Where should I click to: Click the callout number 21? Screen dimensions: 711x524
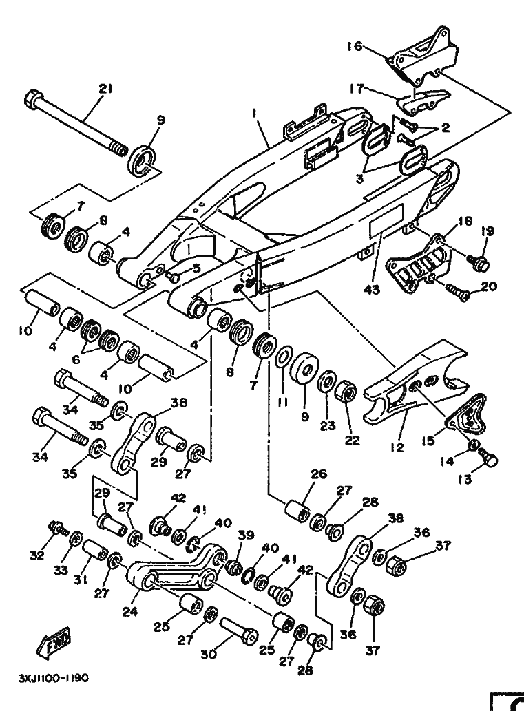[x=105, y=89]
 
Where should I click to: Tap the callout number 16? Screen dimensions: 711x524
[x=355, y=47]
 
